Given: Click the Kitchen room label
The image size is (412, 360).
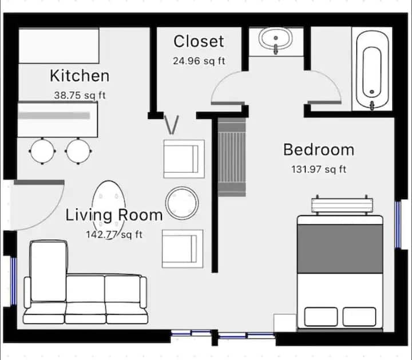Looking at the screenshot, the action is (x=80, y=76).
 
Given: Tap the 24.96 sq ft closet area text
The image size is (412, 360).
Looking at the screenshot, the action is (x=199, y=61).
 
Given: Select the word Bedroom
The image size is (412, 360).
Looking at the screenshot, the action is (x=319, y=150).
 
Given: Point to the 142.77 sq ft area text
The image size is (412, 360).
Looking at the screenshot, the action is (x=114, y=235).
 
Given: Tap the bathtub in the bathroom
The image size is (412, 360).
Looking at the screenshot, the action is (x=372, y=70).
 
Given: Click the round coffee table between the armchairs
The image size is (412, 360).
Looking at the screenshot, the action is (x=182, y=203).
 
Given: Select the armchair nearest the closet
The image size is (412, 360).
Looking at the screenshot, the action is (x=184, y=159).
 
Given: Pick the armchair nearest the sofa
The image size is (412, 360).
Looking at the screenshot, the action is (x=183, y=249).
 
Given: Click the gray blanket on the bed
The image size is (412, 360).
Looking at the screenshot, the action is (x=340, y=248).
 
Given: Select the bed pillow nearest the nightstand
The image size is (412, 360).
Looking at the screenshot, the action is (x=321, y=317).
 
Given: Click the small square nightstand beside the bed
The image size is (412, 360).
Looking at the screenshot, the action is (x=285, y=323).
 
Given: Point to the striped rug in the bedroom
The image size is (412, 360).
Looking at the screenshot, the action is (x=232, y=157).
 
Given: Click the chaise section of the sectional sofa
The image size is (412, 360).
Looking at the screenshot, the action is (x=48, y=271).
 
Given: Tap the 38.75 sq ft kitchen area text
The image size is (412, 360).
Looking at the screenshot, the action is (x=80, y=95).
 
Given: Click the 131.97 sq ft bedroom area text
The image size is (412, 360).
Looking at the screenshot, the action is (x=319, y=169).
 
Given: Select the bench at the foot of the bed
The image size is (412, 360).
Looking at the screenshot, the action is (x=342, y=205).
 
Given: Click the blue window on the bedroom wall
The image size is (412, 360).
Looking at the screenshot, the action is (x=398, y=225).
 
